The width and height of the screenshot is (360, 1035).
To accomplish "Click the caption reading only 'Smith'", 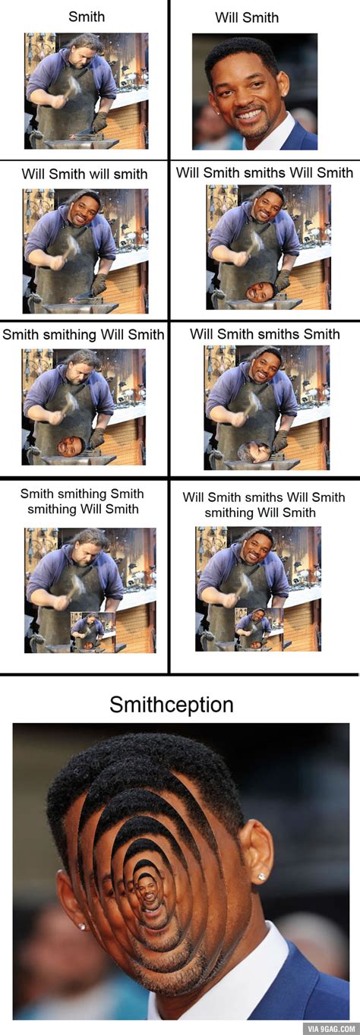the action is pyautogui.click(x=87, y=17).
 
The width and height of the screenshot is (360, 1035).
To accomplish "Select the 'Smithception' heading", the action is pyautogui.click(x=172, y=705).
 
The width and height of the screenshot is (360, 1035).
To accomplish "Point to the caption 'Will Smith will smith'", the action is pyautogui.click(x=84, y=174).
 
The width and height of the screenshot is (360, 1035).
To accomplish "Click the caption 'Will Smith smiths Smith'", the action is pyautogui.click(x=265, y=334).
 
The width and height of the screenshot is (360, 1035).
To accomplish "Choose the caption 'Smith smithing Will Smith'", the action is pyautogui.click(x=84, y=335).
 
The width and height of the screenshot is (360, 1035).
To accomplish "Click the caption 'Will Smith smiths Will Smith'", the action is pyautogui.click(x=265, y=173).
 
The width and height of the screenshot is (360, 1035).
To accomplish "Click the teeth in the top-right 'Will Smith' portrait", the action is pyautogui.click(x=249, y=114).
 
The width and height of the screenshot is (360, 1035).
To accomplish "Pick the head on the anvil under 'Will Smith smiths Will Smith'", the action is pyautogui.click(x=261, y=292).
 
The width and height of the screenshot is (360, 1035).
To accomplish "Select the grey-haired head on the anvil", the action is pyautogui.click(x=254, y=453).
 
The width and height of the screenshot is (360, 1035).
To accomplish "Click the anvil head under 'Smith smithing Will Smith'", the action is pyautogui.click(x=71, y=447).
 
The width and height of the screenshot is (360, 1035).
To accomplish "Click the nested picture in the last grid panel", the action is pyautogui.click(x=259, y=629).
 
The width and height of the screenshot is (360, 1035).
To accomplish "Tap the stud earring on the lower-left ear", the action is pyautogui.click(x=82, y=926).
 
